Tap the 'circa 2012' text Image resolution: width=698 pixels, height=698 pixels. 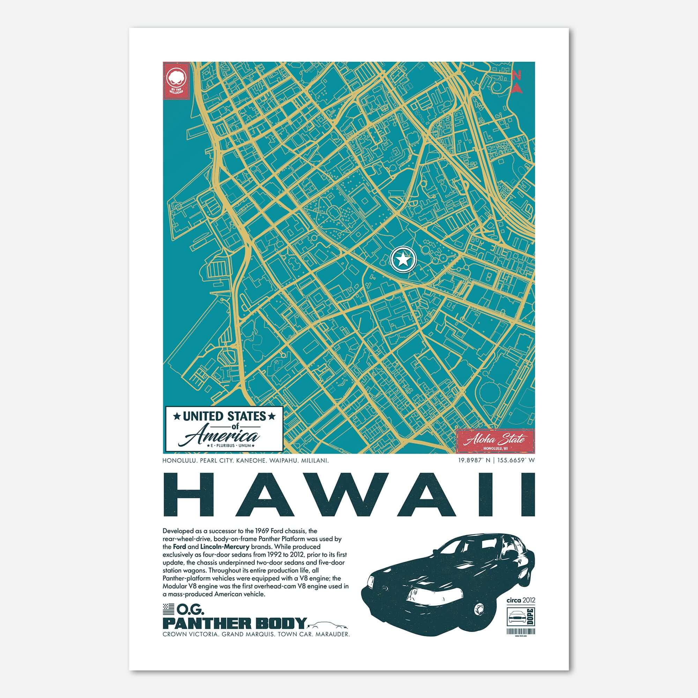click(521, 600)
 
